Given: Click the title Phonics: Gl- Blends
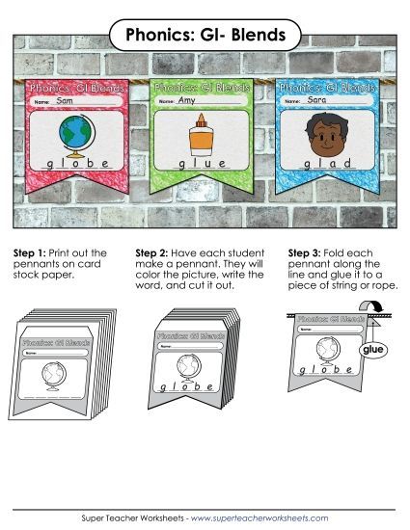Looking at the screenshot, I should (205, 36).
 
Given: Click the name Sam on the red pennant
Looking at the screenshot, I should (65, 100).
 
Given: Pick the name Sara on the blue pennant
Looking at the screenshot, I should (314, 100).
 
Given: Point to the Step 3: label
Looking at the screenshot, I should (306, 252).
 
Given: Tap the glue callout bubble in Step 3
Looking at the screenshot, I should (373, 351).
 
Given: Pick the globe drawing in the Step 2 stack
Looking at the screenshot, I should (190, 365).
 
